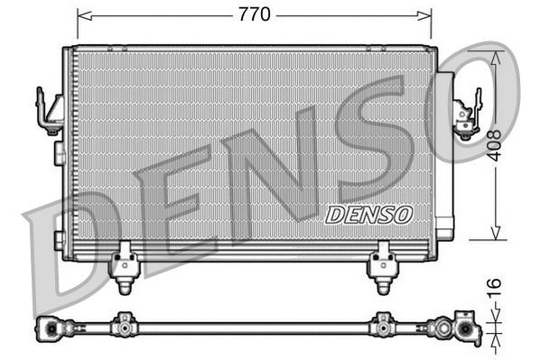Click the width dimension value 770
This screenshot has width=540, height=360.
(x=256, y=14)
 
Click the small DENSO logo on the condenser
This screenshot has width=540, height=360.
(x=368, y=215)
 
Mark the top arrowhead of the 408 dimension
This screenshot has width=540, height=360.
(x=494, y=53)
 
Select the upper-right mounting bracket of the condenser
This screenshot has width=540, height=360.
(x=467, y=113)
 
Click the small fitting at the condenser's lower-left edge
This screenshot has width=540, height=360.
(x=59, y=240)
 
